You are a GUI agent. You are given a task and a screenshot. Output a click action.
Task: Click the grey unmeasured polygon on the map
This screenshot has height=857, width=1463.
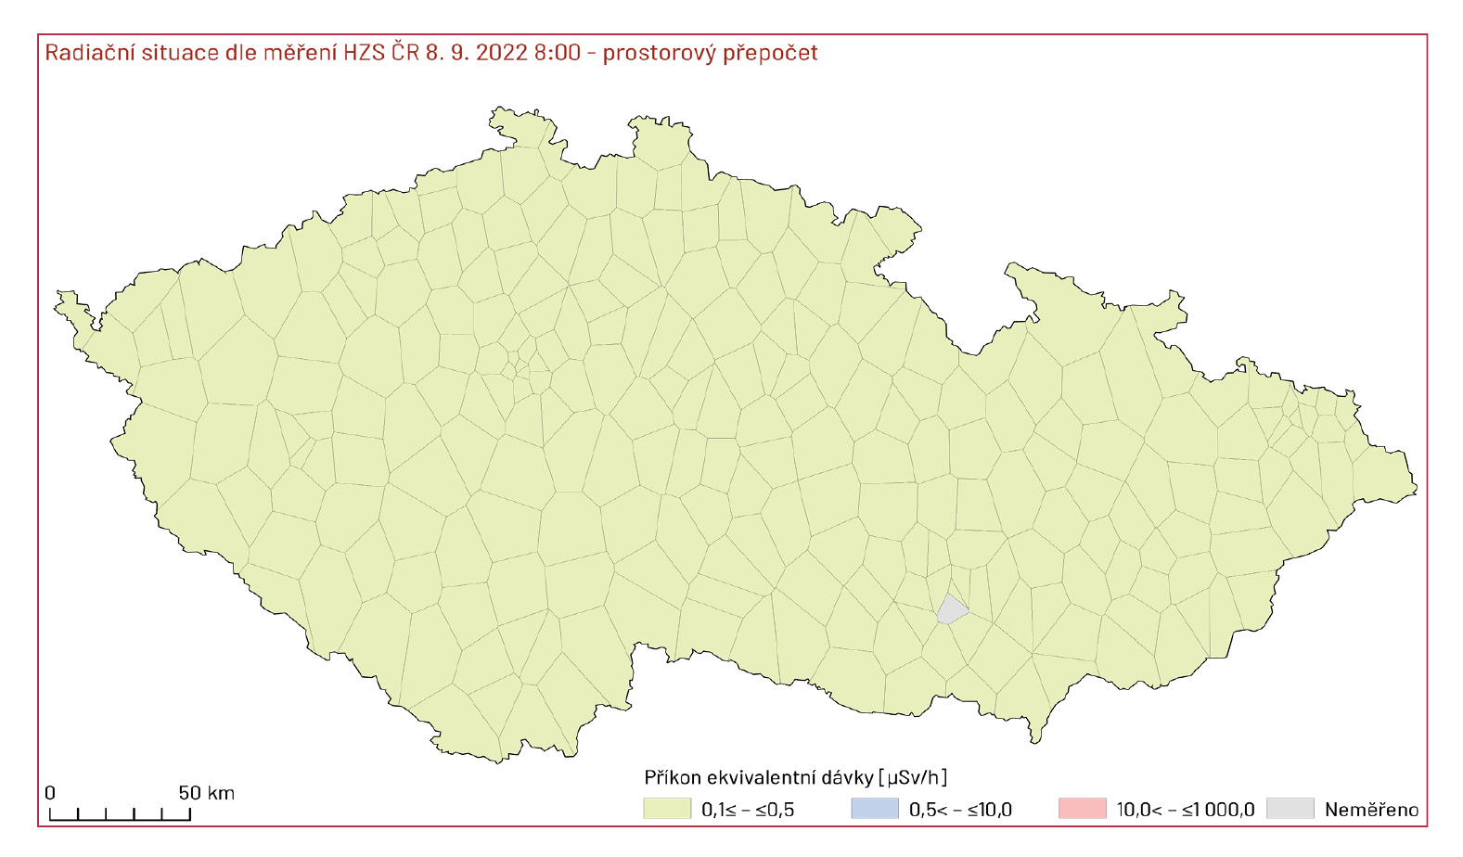tap(951, 609)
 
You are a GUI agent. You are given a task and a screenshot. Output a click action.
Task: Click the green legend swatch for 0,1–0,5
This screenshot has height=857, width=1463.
tap(667, 809)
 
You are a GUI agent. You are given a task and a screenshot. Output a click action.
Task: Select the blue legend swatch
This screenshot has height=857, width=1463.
tap(875, 809)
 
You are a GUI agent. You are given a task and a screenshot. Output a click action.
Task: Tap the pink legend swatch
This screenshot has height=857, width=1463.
tap(1082, 809)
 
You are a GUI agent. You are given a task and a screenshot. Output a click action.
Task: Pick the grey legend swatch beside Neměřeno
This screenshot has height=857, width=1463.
tap(1290, 809)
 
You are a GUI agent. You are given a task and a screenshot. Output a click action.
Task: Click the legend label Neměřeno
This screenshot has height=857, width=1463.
tap(1371, 810)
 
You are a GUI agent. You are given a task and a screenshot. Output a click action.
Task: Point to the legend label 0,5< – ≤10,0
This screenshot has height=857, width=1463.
tap(960, 810)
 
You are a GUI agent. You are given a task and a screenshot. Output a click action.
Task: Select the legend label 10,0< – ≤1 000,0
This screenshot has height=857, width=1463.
tap(1185, 810)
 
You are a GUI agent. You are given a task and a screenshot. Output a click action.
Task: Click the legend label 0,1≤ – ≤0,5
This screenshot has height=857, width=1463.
tap(748, 810)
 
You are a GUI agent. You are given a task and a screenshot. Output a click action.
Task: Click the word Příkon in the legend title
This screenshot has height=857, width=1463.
tap(673, 777)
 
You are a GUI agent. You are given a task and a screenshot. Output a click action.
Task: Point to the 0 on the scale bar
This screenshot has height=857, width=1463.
tap(50, 793)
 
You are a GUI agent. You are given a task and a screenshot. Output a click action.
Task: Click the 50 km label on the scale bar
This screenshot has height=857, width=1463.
tap(206, 793)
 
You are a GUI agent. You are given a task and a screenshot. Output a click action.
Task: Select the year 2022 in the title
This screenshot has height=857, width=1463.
tap(502, 52)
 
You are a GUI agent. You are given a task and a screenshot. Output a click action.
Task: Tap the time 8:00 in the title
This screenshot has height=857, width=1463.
tap(557, 52)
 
